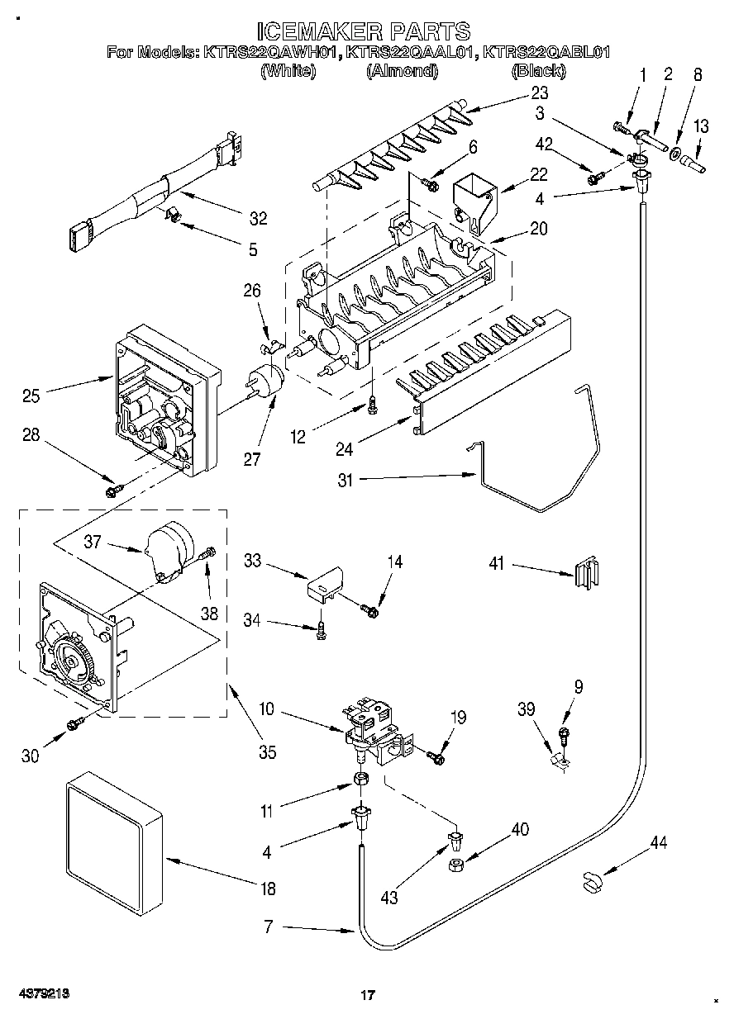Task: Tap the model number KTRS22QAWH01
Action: coord(270,52)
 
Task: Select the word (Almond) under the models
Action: coord(403,70)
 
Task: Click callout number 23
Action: coord(540,92)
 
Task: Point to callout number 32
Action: coord(258,219)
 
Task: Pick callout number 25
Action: coord(31,396)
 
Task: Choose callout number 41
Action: coord(496,564)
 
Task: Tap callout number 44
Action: coord(659,842)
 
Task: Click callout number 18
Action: coord(268,889)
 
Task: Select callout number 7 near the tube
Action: coord(268,927)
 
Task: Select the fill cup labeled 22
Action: coord(476,202)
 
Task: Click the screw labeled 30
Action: coord(75,723)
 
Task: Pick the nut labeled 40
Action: coord(455,865)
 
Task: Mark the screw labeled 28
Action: coord(114,491)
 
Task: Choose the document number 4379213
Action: coord(45,994)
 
